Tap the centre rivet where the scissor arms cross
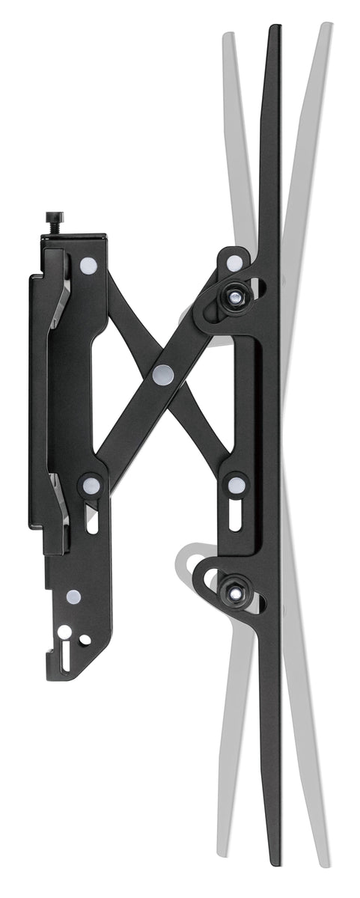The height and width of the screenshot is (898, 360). pyautogui.click(x=162, y=375)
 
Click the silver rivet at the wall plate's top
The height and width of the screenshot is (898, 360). pyautogui.click(x=88, y=264)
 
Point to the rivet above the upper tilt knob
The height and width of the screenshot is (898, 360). pyautogui.click(x=234, y=263)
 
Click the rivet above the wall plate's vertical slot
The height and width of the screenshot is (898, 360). pyautogui.click(x=92, y=486)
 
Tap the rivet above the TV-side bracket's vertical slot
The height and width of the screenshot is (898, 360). pyautogui.click(x=235, y=486)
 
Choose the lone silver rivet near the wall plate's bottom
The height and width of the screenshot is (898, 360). pyautogui.click(x=73, y=596)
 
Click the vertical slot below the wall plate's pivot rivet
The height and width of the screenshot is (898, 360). pyautogui.click(x=92, y=519)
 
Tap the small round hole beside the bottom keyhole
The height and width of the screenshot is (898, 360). pyautogui.click(x=85, y=640)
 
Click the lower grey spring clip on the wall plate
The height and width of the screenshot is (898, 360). pyautogui.click(x=61, y=510)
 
